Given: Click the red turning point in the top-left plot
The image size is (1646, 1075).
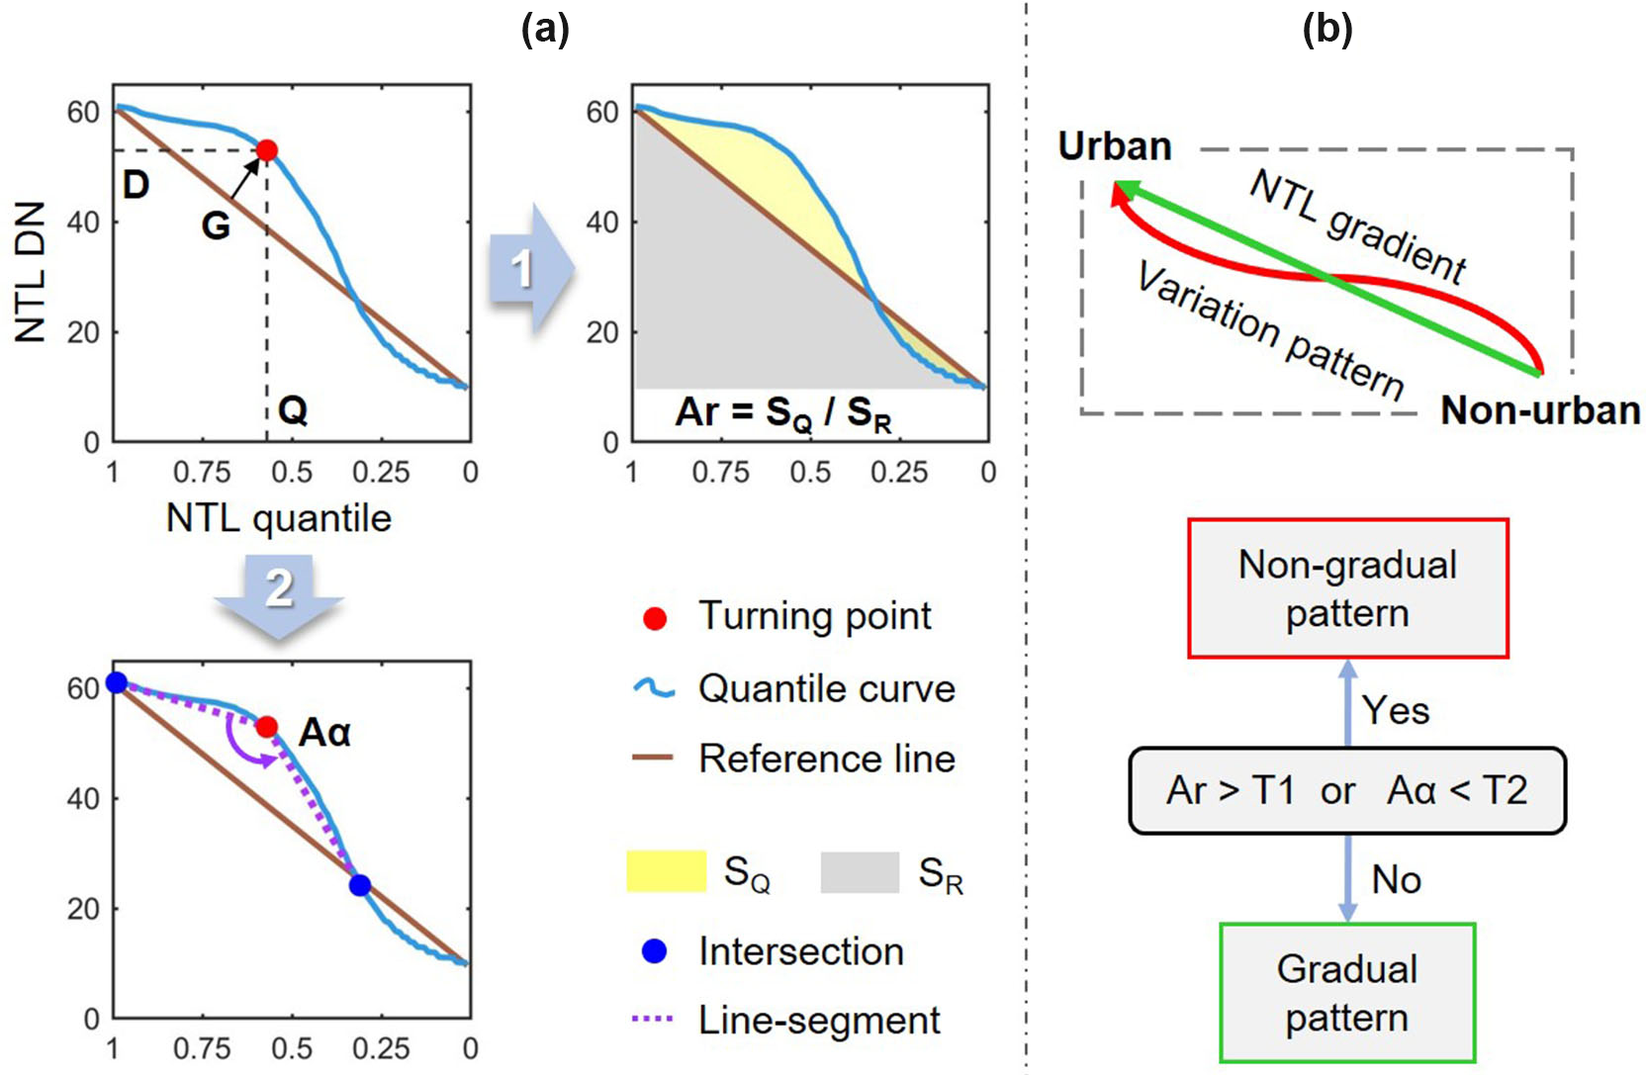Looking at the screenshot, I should coord(266,150).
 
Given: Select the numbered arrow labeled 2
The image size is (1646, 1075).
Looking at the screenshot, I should coord(279,591).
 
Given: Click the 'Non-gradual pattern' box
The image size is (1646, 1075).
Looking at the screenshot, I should coord(1347,588).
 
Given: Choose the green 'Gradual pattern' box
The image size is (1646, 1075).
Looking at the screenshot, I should coord(1347,993).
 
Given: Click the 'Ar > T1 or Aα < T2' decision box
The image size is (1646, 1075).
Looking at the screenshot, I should coord(1347,790).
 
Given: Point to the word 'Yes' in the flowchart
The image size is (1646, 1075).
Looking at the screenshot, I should coord(1395,710).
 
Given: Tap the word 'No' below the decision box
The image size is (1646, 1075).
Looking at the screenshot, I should coord(1396,879).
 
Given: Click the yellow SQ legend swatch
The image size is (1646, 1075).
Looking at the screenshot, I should coord(666,872).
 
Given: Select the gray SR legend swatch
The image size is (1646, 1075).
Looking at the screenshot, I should coord(860,872).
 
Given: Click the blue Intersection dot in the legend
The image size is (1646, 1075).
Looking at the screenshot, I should coord(654,951).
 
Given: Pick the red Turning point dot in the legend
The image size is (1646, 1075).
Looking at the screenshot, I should coord(654,618).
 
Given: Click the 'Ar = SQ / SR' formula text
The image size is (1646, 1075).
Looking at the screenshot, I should coord(783,413).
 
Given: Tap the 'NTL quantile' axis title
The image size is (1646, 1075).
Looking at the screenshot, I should coord(279,518).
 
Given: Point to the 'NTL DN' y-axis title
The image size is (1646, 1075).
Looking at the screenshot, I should coord(32,272).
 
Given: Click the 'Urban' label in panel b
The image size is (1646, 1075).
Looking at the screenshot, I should coord(1115,146).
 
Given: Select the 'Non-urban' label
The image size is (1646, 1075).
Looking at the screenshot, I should coord(1540,409).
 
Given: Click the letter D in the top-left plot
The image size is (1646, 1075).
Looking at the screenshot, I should coord(136,184).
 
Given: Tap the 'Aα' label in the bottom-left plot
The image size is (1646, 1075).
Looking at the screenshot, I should coord(324,733).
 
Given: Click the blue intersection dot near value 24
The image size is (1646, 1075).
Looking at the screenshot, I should coord(360,885).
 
